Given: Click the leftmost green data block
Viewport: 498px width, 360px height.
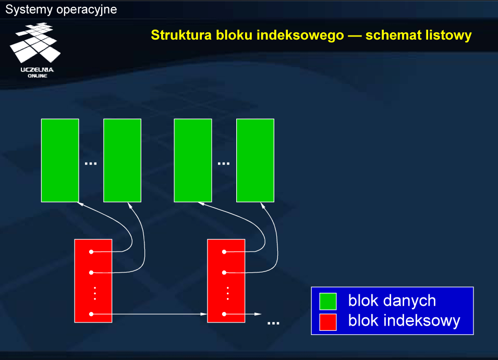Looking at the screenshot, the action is [60, 160].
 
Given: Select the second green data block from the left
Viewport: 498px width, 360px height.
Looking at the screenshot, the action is [122, 160].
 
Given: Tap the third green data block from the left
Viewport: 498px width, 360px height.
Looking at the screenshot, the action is [193, 160].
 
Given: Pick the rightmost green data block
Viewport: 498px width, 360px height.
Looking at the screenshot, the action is [255, 160].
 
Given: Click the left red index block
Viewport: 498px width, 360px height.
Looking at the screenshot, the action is [93, 281].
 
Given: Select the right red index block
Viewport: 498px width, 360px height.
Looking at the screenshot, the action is [226, 281].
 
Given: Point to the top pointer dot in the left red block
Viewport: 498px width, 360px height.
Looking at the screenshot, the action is [91, 252].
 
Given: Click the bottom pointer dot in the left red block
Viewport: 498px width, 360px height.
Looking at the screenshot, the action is [91, 314].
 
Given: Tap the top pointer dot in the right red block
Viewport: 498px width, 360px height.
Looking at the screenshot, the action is [224, 252].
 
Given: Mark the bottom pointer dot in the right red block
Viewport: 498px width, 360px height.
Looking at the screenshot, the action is [224, 314].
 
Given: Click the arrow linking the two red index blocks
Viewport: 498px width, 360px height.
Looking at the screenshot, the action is [149, 314].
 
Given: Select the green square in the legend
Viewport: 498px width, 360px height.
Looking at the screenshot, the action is [328, 301].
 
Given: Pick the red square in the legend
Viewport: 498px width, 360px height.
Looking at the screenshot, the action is [328, 322].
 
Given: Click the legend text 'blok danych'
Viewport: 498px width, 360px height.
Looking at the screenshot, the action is [392, 301].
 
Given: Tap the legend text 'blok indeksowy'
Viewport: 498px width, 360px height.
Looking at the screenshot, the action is [404, 321].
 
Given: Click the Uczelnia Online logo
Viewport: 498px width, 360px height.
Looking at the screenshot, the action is [35, 50].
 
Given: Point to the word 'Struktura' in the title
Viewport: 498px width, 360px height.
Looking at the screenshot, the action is [181, 35].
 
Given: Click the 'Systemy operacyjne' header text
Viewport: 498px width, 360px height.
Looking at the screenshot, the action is [61, 9].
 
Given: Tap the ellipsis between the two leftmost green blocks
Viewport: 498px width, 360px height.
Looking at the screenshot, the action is [91, 164].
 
